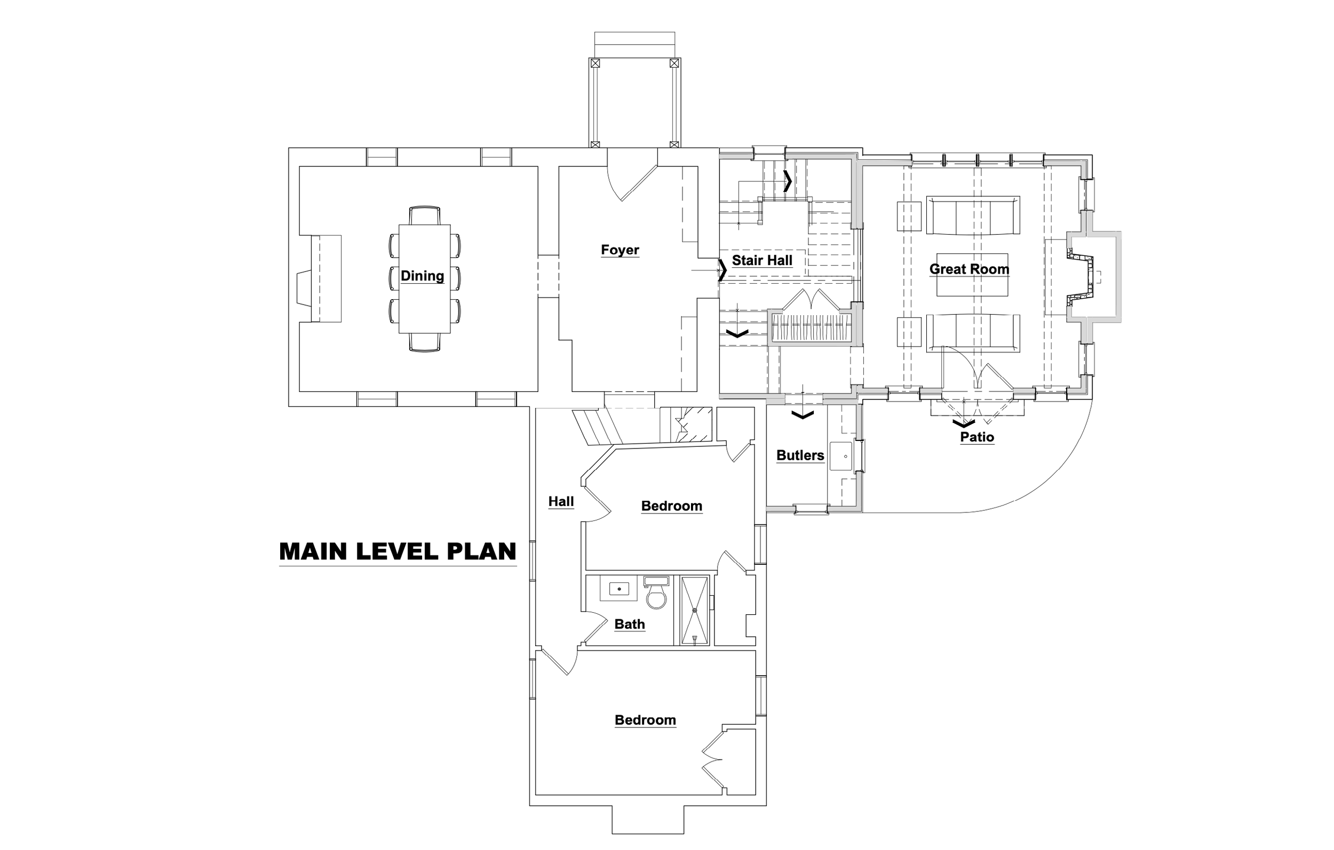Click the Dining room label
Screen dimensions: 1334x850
pyautogui.click(x=422, y=276)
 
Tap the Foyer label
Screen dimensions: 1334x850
pyautogui.click(x=620, y=250)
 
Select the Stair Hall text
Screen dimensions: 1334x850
pyautogui.click(x=762, y=260)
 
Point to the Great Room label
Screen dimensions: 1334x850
pyautogui.click(x=969, y=269)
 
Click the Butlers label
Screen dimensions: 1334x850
pyautogui.click(x=800, y=455)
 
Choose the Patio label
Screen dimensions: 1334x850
pyautogui.click(x=976, y=437)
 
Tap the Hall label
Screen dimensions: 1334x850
pyautogui.click(x=561, y=502)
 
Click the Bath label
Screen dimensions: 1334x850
pyautogui.click(x=629, y=624)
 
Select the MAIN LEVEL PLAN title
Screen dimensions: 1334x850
pyautogui.click(x=398, y=551)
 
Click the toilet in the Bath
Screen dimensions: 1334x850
pyautogui.click(x=656, y=592)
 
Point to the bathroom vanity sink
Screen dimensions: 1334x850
pyautogui.click(x=619, y=589)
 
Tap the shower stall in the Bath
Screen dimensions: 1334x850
pyautogui.click(x=694, y=611)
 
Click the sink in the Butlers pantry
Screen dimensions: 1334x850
pyautogui.click(x=841, y=456)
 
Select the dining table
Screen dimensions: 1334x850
pyautogui.click(x=424, y=278)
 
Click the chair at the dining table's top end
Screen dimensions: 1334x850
pyautogui.click(x=424, y=215)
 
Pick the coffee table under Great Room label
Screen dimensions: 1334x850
pyautogui.click(x=972, y=275)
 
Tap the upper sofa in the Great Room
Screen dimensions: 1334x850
pyautogui.click(x=973, y=215)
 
